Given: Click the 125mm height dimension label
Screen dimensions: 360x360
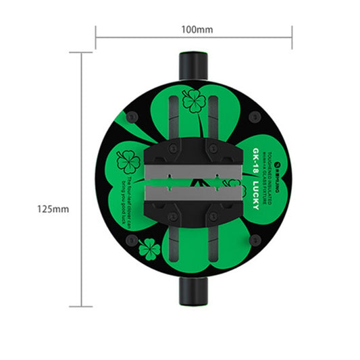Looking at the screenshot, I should click(53, 209).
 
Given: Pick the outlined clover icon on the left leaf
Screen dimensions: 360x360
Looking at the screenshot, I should click(128, 161).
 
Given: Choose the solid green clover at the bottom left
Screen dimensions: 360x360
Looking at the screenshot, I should click(149, 249).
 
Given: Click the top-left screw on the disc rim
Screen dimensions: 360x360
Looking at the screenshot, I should click(132, 118).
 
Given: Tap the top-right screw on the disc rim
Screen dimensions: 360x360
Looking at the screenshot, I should click(254, 118).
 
